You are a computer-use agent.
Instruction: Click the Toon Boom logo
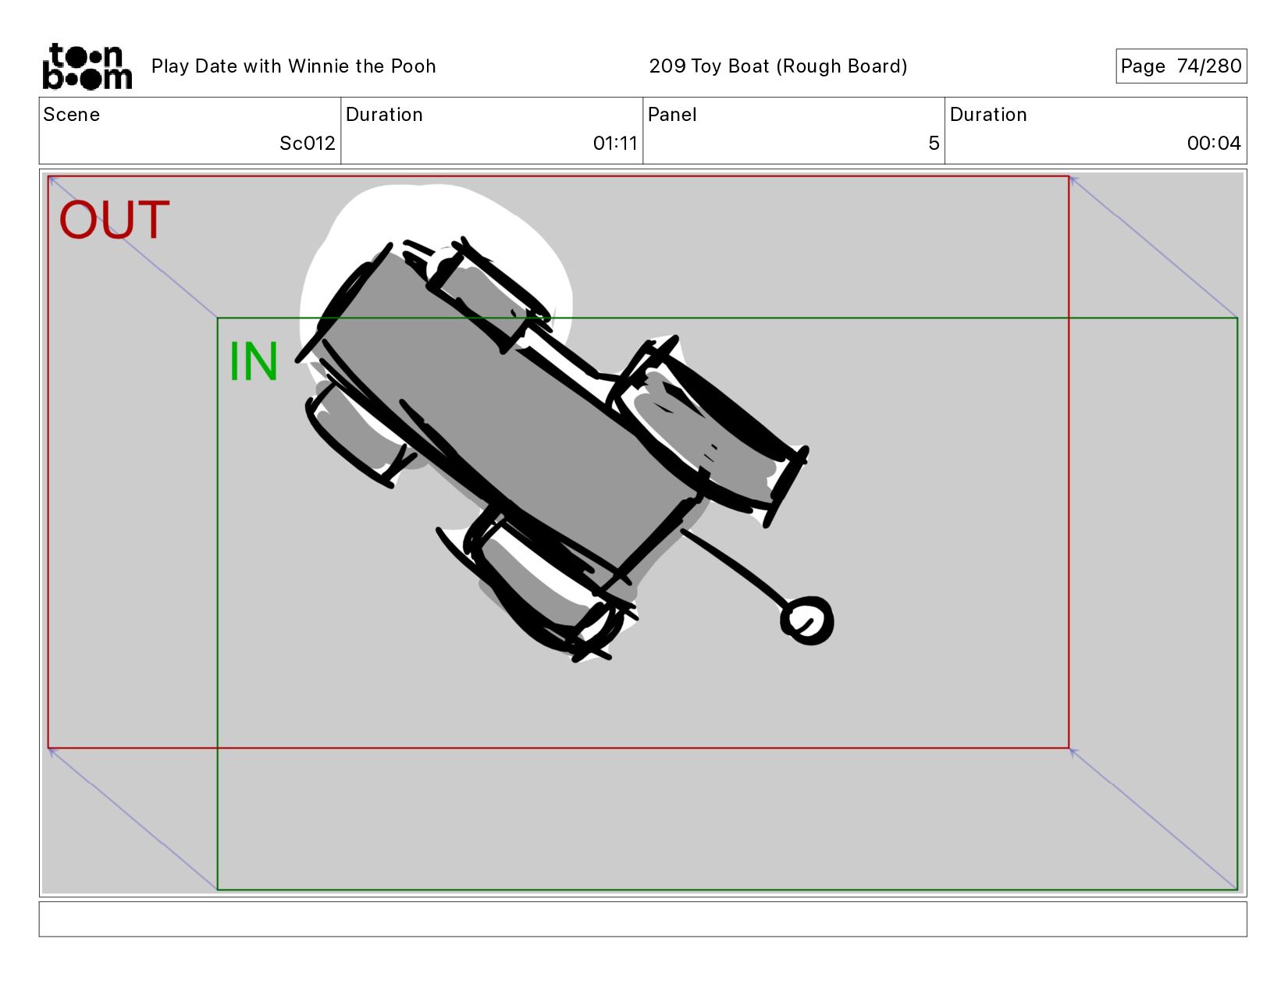[87, 66]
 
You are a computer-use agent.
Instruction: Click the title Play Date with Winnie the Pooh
[294, 66]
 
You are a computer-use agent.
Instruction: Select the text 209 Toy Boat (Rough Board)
[777, 66]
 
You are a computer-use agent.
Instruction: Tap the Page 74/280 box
[1181, 66]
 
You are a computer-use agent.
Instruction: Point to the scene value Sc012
[307, 143]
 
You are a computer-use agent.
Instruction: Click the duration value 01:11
[614, 143]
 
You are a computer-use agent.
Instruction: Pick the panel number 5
[934, 143]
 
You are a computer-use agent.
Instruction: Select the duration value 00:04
[1213, 143]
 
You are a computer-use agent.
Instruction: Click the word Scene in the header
[72, 115]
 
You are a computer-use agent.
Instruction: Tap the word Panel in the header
[672, 115]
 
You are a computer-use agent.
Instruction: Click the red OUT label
[115, 220]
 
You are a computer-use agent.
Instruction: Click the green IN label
[253, 361]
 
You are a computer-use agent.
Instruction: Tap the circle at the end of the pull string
[806, 620]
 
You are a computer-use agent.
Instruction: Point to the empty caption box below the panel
[643, 919]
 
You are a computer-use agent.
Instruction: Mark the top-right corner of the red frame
[1069, 176]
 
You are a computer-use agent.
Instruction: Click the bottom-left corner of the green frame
[218, 890]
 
